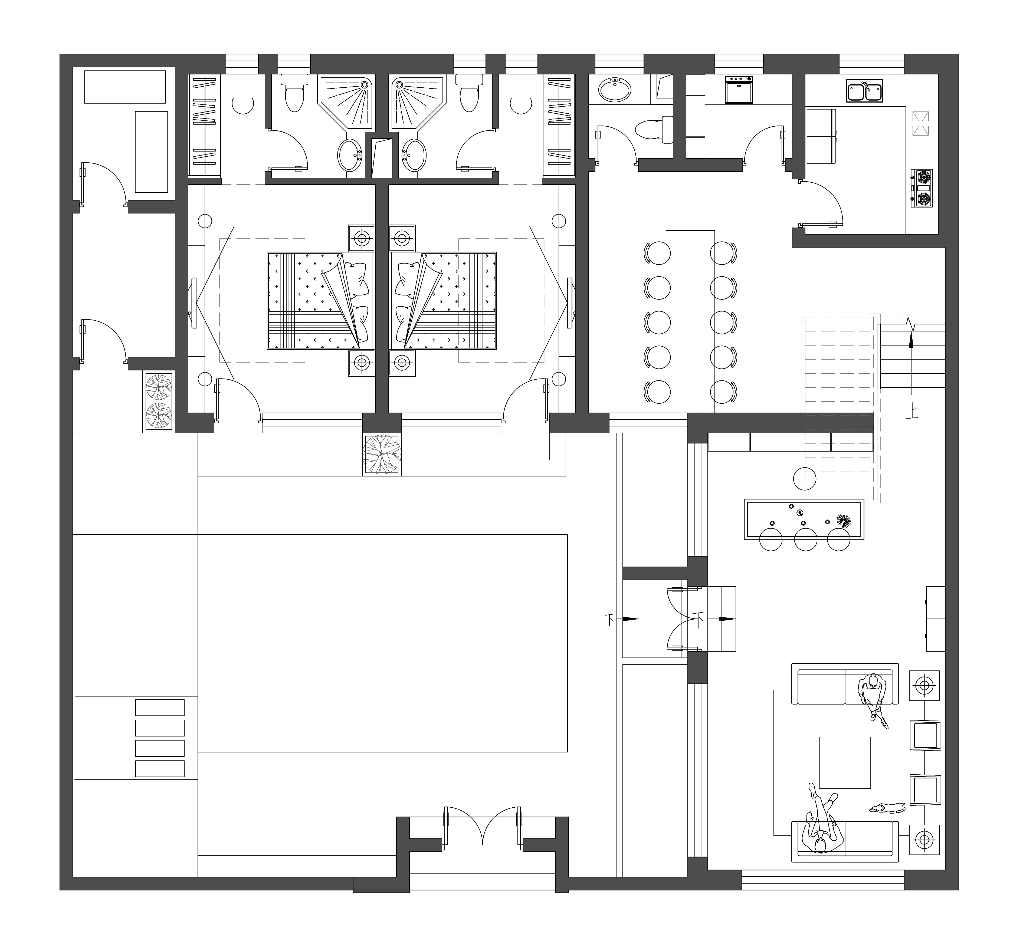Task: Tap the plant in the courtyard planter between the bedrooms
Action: (381, 454)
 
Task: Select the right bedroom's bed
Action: (442, 300)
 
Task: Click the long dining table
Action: (690, 321)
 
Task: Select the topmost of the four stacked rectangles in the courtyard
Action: (159, 708)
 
